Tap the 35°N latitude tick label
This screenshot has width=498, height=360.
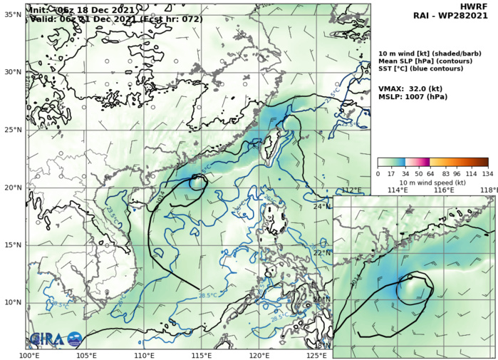(x=13, y=14)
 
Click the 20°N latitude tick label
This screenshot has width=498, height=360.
(x=13, y=187)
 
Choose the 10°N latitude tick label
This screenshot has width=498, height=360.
(x=13, y=302)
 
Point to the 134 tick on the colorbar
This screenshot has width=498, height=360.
(x=488, y=173)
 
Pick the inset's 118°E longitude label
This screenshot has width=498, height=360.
(x=489, y=190)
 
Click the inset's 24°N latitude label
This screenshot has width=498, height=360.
(x=322, y=207)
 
